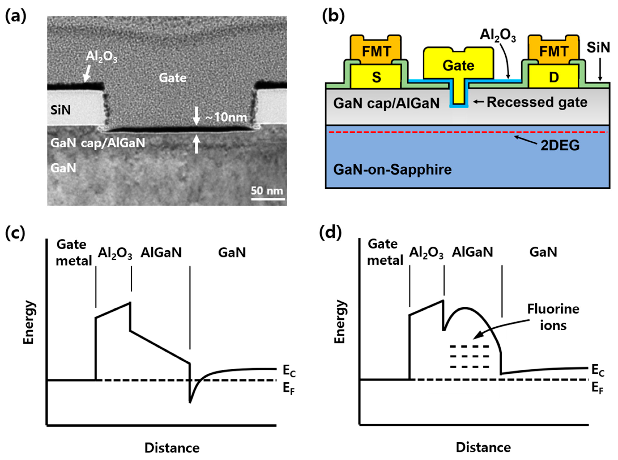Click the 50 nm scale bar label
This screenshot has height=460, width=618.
tap(267, 191)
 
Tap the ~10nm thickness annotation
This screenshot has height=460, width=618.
tap(226, 117)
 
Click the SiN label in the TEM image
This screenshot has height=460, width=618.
tap(60, 110)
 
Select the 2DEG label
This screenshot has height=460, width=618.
tap(560, 145)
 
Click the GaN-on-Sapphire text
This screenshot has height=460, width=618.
tap(392, 169)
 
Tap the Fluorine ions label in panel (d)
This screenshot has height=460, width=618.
tap(553, 317)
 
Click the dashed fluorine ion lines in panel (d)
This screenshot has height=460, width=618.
tap(470, 357)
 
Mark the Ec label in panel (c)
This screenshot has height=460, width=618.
tap(289, 371)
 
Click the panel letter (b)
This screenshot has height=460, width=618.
tap(333, 17)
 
